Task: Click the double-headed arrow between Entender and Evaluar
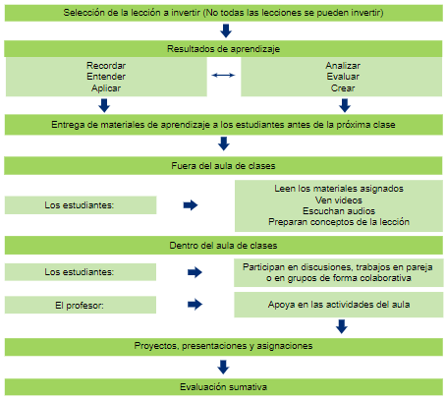pos(223,76)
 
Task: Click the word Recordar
pos(106,66)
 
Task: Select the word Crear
pos(343,88)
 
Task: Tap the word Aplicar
pos(106,88)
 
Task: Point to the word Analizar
pos(343,66)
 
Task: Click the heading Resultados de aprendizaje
pos(223,49)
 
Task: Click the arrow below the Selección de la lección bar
pos(226,30)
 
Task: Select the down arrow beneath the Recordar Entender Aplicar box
pos(104,105)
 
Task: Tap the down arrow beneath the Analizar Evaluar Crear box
pos(345,105)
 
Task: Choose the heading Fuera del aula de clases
pos(223,166)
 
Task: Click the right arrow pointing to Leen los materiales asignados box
pos(191,205)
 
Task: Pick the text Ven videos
pos(339,200)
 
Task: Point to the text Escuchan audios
pos(339,211)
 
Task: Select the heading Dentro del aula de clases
pos(223,246)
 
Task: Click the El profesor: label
pos(80,306)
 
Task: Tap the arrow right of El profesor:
pos(195,304)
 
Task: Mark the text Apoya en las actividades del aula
pos(339,305)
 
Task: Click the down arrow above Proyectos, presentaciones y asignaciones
pos(342,326)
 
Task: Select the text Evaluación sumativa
pos(223,387)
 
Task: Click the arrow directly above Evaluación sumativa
pos(223,367)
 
